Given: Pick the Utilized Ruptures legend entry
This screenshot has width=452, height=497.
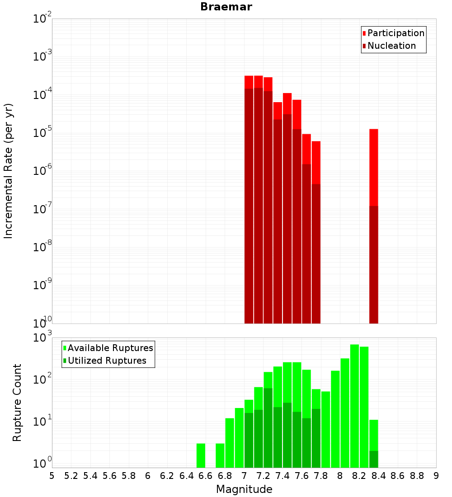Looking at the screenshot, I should (107, 361).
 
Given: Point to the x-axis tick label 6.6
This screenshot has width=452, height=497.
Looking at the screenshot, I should (206, 476).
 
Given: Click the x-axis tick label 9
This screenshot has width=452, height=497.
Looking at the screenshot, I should (436, 476).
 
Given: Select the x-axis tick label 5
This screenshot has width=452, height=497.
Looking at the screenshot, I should (52, 476).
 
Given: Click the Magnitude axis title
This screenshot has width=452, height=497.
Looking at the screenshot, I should (244, 489).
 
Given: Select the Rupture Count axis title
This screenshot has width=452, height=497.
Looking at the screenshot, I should (17, 402).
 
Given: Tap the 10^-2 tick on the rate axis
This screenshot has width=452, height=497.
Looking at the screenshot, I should (43, 19).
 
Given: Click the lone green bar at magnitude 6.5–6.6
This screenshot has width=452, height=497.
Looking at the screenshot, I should (201, 455).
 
